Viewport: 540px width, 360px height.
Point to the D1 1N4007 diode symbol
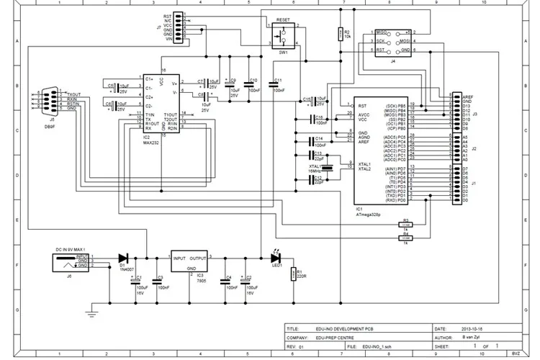(x=123, y=257)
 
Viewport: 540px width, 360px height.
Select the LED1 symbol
(x=276, y=257)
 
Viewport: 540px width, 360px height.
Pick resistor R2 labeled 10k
(x=339, y=34)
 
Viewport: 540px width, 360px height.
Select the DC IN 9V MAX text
(x=76, y=248)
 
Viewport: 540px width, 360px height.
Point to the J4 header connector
(x=393, y=42)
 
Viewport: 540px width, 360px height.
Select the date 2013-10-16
(x=474, y=327)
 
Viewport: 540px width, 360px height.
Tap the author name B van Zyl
(x=472, y=336)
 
